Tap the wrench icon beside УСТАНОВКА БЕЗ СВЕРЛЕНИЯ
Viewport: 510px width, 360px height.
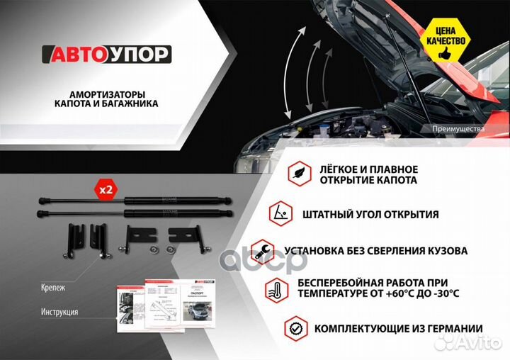[263, 250]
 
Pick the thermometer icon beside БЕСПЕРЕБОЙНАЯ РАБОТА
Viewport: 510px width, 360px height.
[275, 290]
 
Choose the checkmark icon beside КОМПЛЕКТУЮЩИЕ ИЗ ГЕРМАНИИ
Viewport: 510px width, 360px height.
[295, 328]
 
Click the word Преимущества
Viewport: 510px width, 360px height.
[458, 129]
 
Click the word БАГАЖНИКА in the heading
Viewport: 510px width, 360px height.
[135, 103]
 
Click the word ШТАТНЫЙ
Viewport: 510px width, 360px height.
[328, 214]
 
